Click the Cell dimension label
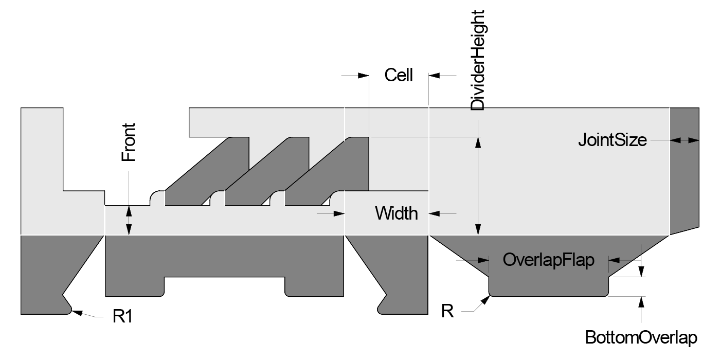tap(399, 76)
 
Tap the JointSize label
tap(612, 139)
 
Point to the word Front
tap(128, 142)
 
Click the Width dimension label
tap(397, 213)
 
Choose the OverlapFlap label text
tap(548, 260)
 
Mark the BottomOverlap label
tap(641, 338)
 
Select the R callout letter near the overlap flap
tap(447, 311)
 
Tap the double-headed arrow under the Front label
tap(129, 220)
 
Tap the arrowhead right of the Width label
tap(435, 213)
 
